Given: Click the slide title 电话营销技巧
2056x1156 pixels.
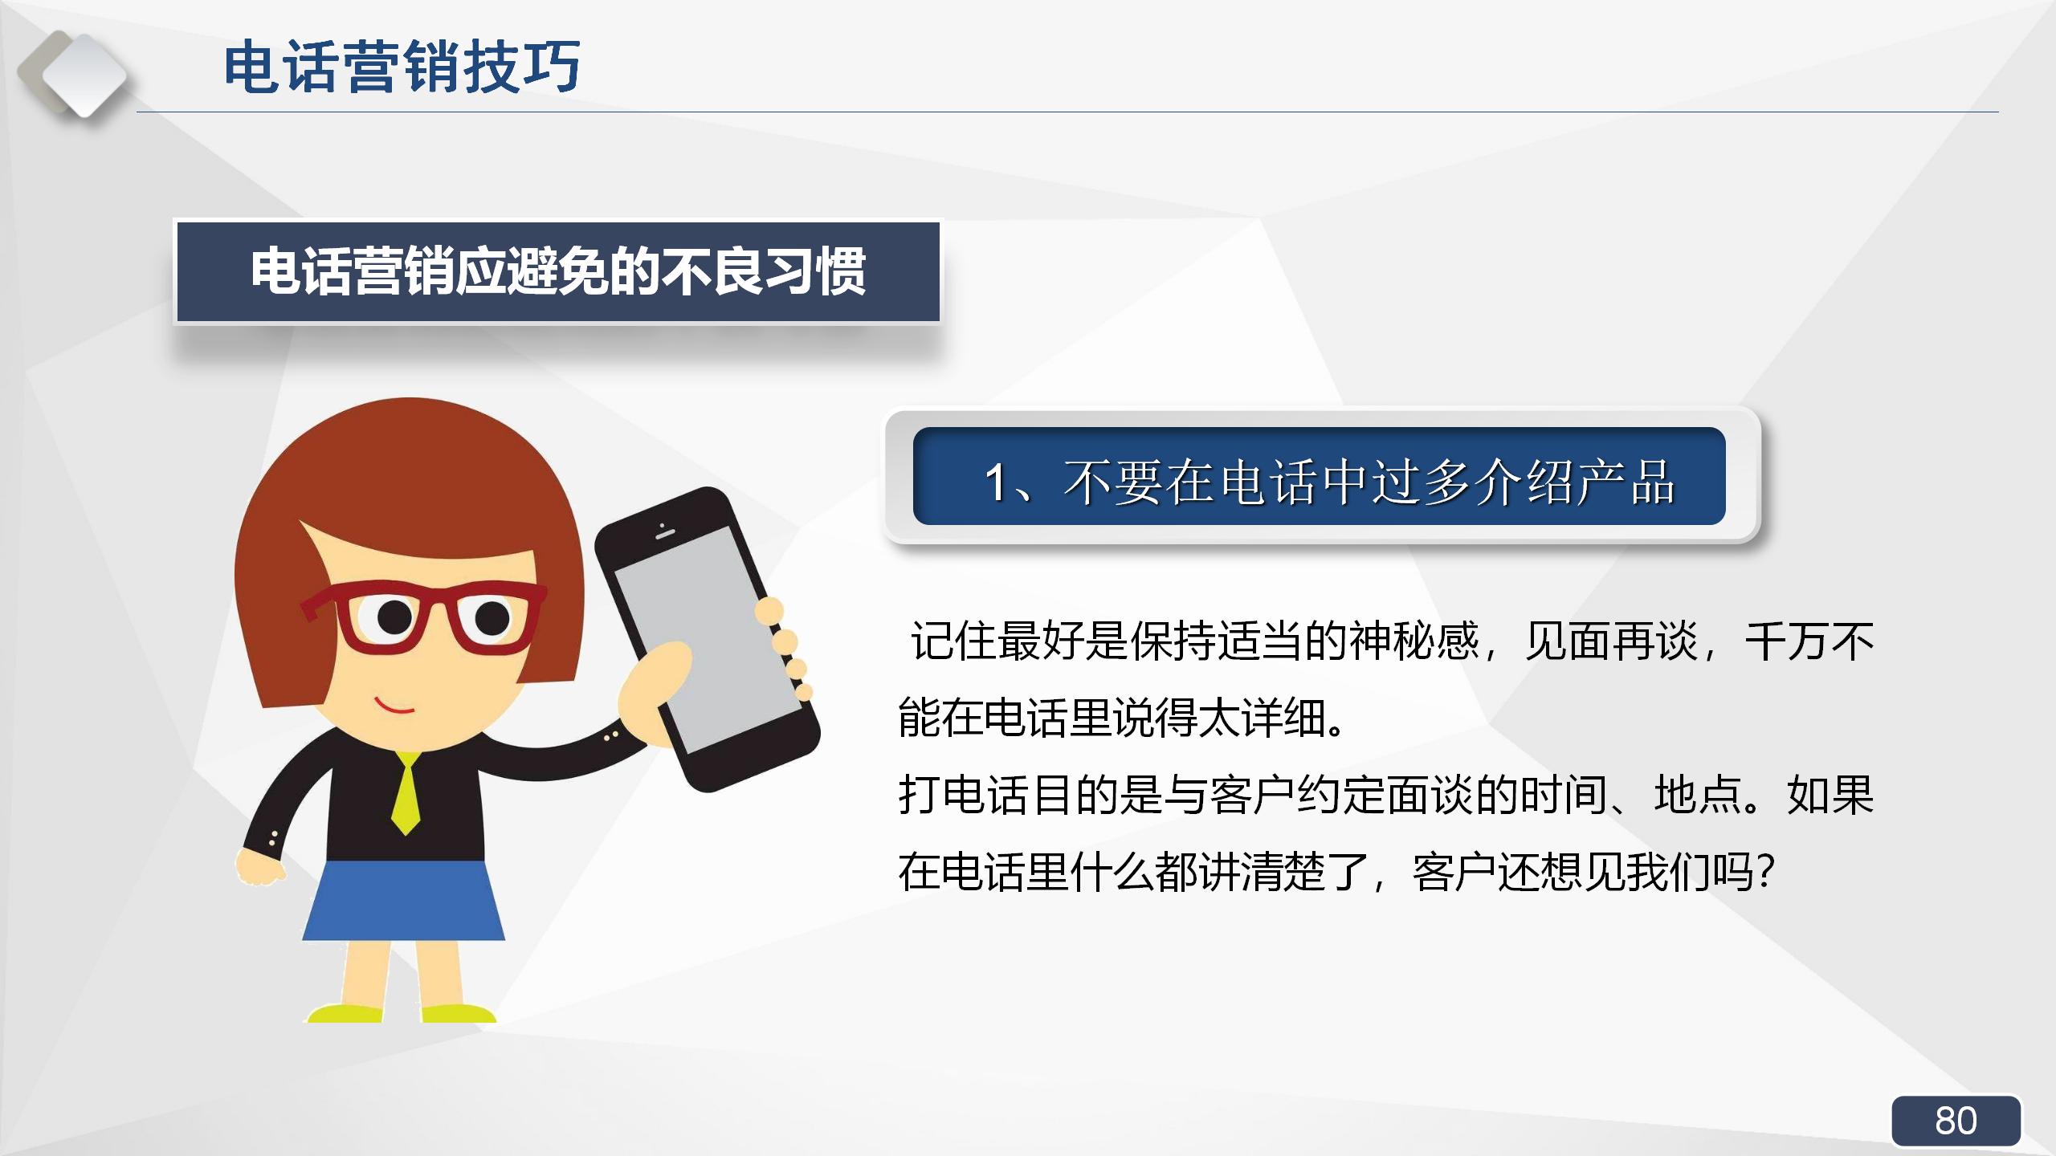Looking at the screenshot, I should coord(402,67).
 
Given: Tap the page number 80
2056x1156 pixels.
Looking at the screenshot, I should coord(1956,1121).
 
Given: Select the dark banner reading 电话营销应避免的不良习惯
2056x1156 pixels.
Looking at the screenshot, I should coord(557,272).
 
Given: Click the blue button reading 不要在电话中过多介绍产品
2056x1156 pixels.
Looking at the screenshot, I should coord(1319,477).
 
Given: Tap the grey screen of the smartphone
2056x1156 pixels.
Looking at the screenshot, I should coord(707,638).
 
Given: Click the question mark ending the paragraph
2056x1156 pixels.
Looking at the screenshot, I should coord(1765,871).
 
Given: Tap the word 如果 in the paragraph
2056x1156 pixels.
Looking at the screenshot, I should coord(1830,795).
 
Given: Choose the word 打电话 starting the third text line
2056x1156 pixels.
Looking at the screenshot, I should coord(964,795).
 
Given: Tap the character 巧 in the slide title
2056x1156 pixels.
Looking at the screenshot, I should coord(552,67).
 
